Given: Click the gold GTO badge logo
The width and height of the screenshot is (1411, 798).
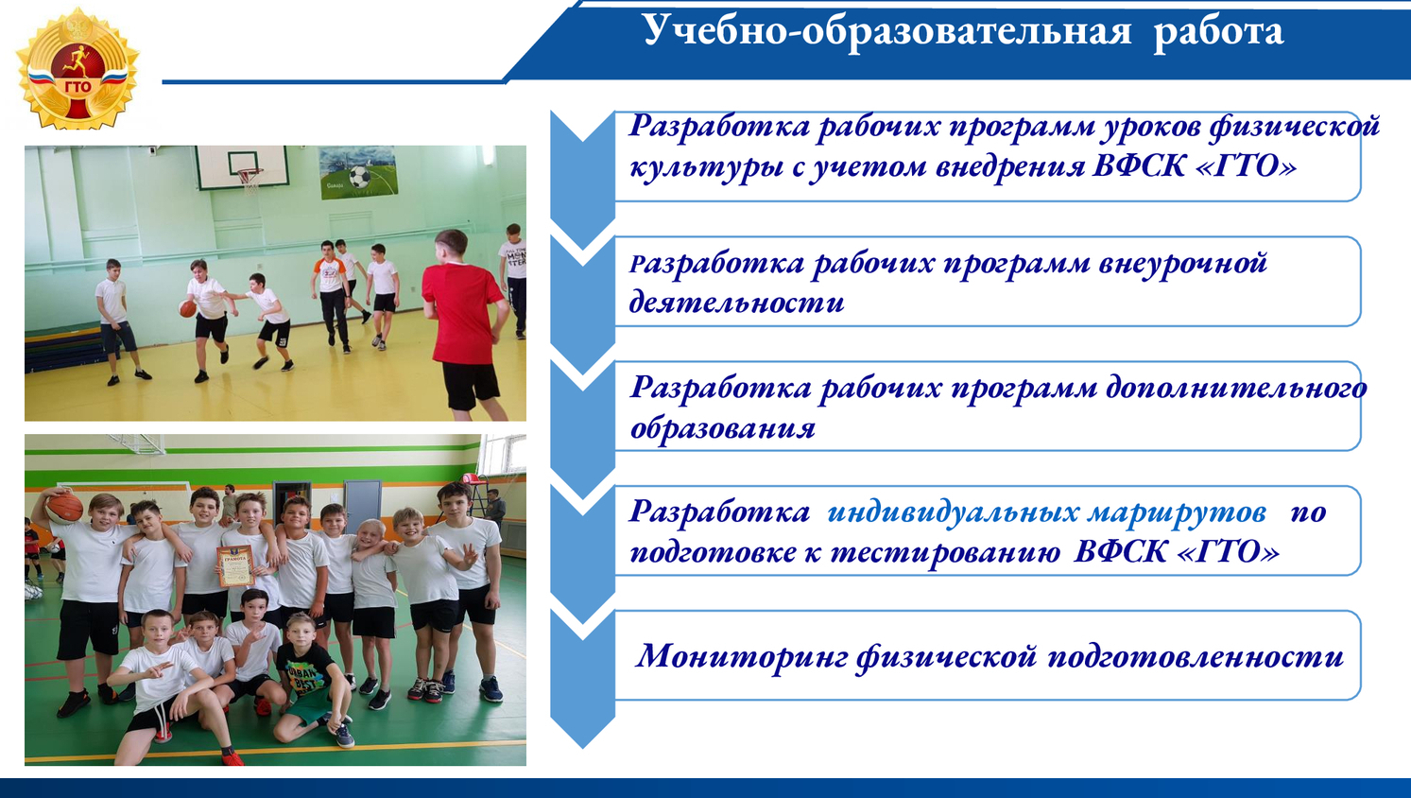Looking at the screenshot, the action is (77, 69).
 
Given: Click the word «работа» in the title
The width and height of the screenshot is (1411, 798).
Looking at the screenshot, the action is (1218, 30).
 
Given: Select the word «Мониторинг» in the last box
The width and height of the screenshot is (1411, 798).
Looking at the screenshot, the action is (742, 657).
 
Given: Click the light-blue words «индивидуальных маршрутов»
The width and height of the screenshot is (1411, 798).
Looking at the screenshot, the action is (1047, 512).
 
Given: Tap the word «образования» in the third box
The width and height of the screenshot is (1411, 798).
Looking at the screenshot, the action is (722, 428).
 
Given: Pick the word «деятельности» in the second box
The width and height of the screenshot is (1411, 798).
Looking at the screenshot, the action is (736, 303).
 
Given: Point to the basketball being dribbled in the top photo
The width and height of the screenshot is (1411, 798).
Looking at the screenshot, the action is (188, 308).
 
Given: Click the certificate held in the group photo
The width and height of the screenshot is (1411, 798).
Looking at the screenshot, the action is (235, 566).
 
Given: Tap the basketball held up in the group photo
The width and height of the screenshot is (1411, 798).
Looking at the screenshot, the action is (64, 508).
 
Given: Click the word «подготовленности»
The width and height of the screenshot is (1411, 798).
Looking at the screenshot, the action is (1196, 658).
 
